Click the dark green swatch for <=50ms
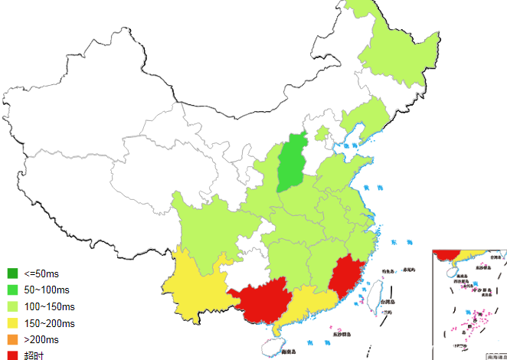click(x=12, y=273)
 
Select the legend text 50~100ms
click(x=47, y=290)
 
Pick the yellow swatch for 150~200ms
click(x=12, y=323)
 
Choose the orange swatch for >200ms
click(x=12, y=339)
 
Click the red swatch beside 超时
click(x=12, y=355)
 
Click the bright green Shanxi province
click(x=292, y=163)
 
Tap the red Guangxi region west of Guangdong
click(x=260, y=299)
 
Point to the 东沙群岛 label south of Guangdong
click(x=342, y=334)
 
